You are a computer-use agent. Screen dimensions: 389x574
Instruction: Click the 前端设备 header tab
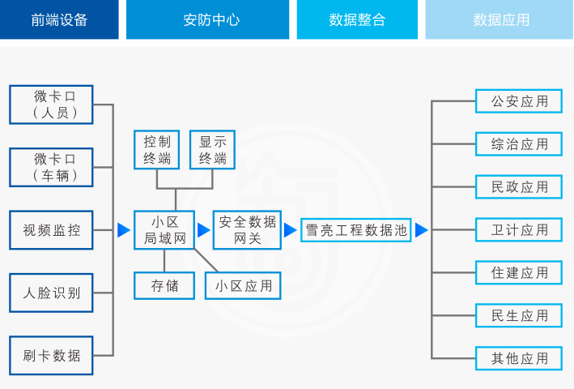[x=59, y=20]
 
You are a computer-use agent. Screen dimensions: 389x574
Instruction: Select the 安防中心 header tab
[x=207, y=20]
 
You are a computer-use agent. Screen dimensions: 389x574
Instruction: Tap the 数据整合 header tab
[x=357, y=20]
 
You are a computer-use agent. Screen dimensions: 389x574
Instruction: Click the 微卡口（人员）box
[x=51, y=105]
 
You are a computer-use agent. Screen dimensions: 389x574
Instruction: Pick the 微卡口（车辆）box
[x=51, y=167]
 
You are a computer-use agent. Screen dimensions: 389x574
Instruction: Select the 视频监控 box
[x=51, y=230]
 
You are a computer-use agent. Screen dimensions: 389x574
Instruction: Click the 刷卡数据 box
[x=51, y=356]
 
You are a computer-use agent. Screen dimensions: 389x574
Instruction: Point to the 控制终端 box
[x=157, y=150]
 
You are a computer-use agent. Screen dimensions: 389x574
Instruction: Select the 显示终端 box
[x=212, y=150]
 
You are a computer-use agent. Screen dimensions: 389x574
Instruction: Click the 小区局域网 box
[x=164, y=230]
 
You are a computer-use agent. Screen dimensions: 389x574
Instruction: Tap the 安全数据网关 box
[x=247, y=230]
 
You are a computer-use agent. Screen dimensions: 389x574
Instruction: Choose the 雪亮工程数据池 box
[x=355, y=230]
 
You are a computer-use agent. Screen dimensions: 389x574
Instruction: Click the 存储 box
[x=164, y=285]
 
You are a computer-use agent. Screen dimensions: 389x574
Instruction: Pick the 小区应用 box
[x=243, y=285]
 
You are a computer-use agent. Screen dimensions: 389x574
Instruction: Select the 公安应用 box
[x=519, y=101]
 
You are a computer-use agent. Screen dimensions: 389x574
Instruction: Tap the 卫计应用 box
[x=519, y=230]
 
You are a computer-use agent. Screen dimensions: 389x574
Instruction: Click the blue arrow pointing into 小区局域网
[x=123, y=230]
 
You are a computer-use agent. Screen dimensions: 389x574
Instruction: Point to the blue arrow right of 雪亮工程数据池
[x=421, y=230]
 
